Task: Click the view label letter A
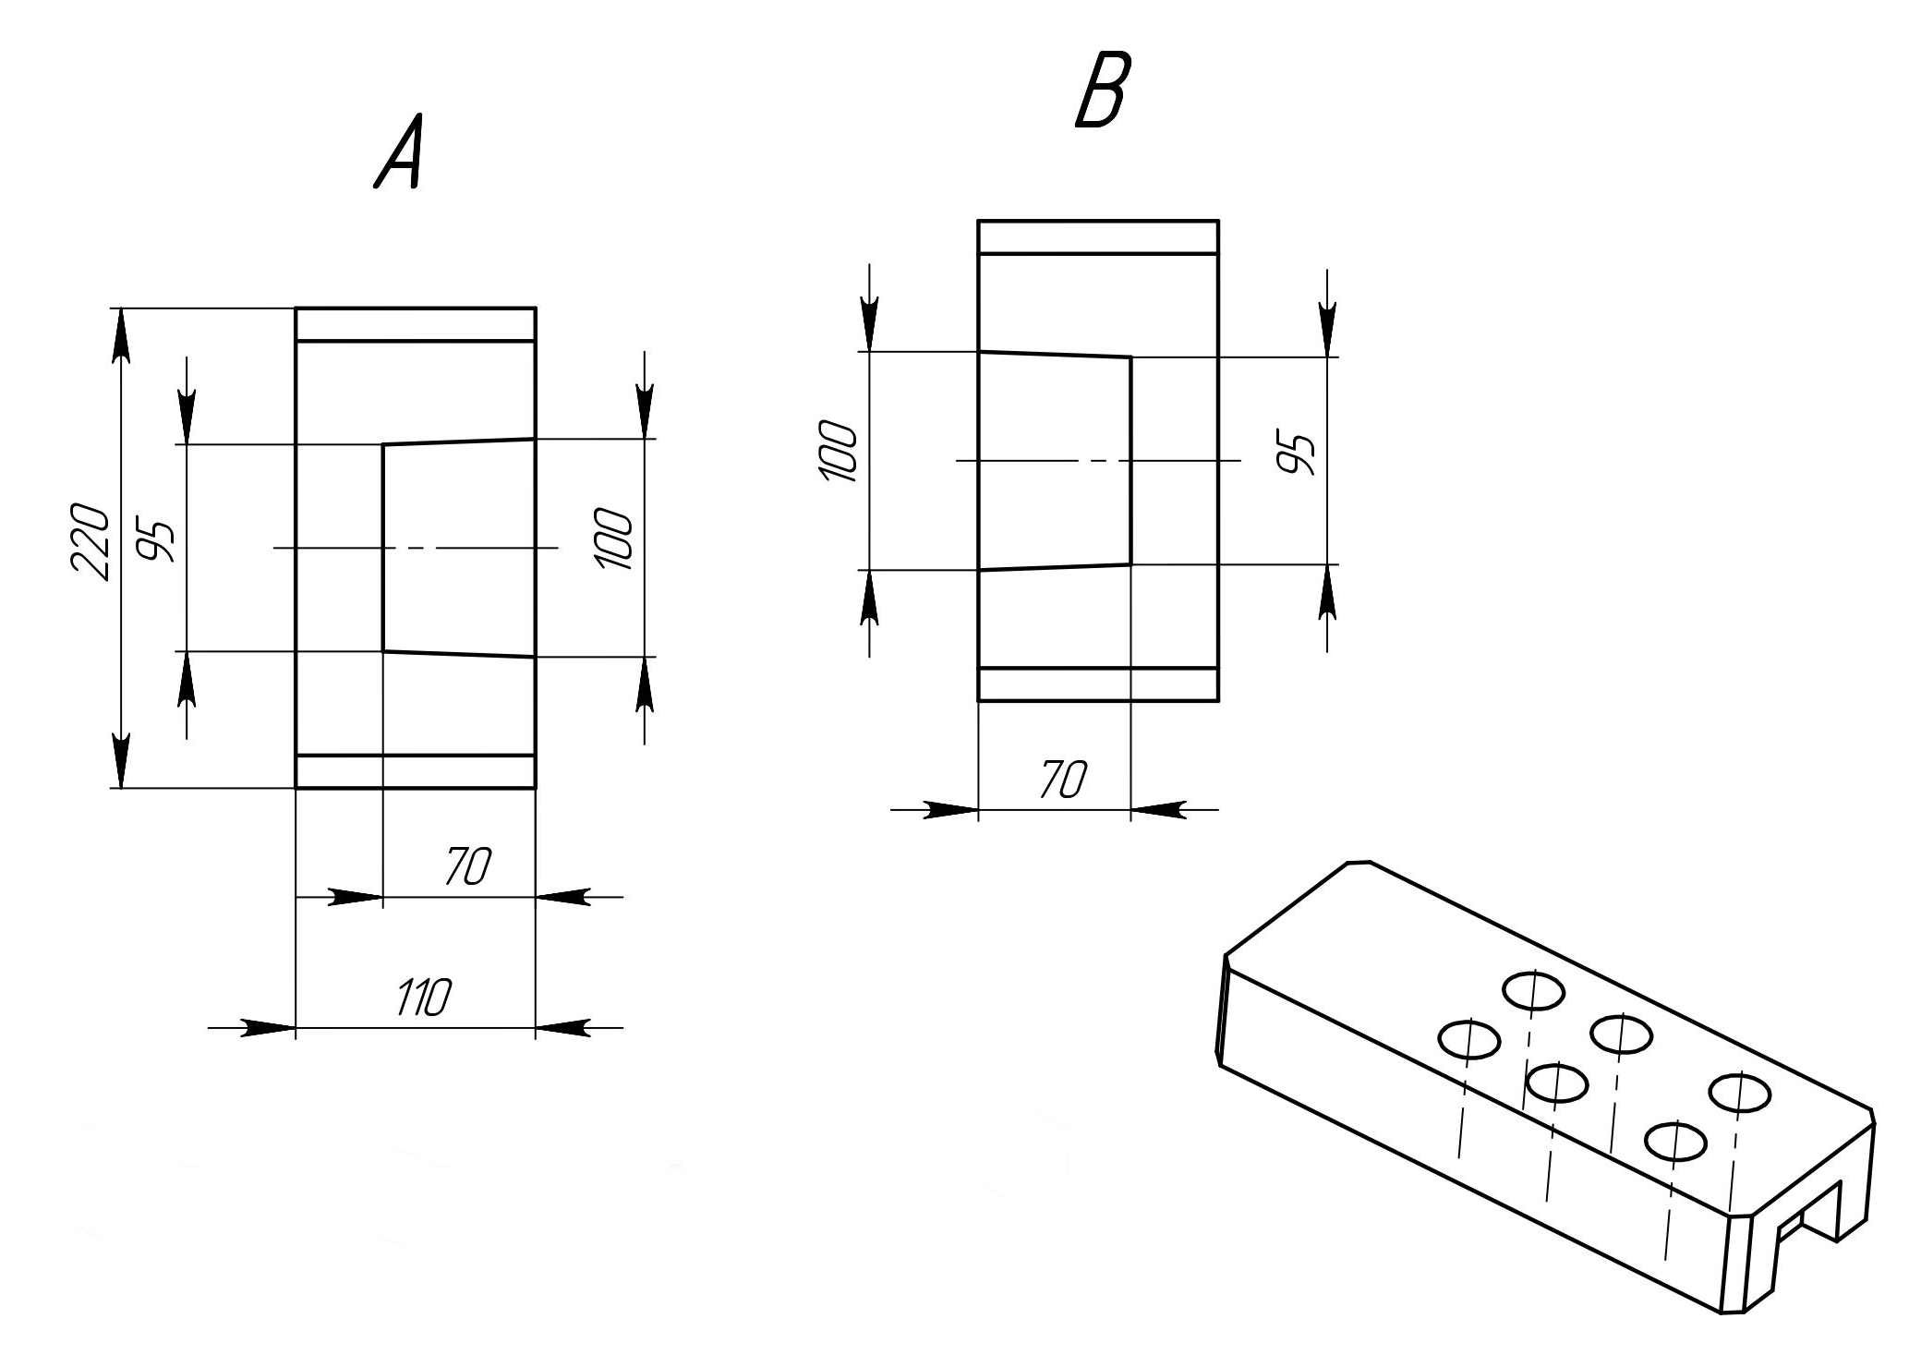(x=400, y=153)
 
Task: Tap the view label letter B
(x=1102, y=90)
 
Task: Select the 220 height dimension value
(x=91, y=542)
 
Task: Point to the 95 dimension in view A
(x=155, y=542)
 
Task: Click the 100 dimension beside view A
(x=614, y=538)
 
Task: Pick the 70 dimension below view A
(x=468, y=865)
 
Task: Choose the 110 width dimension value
(x=424, y=998)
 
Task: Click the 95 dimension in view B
(x=1297, y=453)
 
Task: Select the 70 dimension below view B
(x=1063, y=780)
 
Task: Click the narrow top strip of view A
(x=416, y=324)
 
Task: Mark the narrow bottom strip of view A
(x=416, y=772)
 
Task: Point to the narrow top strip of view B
(x=1098, y=236)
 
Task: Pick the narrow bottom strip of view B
(x=1098, y=684)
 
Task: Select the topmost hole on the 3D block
(x=1533, y=991)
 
